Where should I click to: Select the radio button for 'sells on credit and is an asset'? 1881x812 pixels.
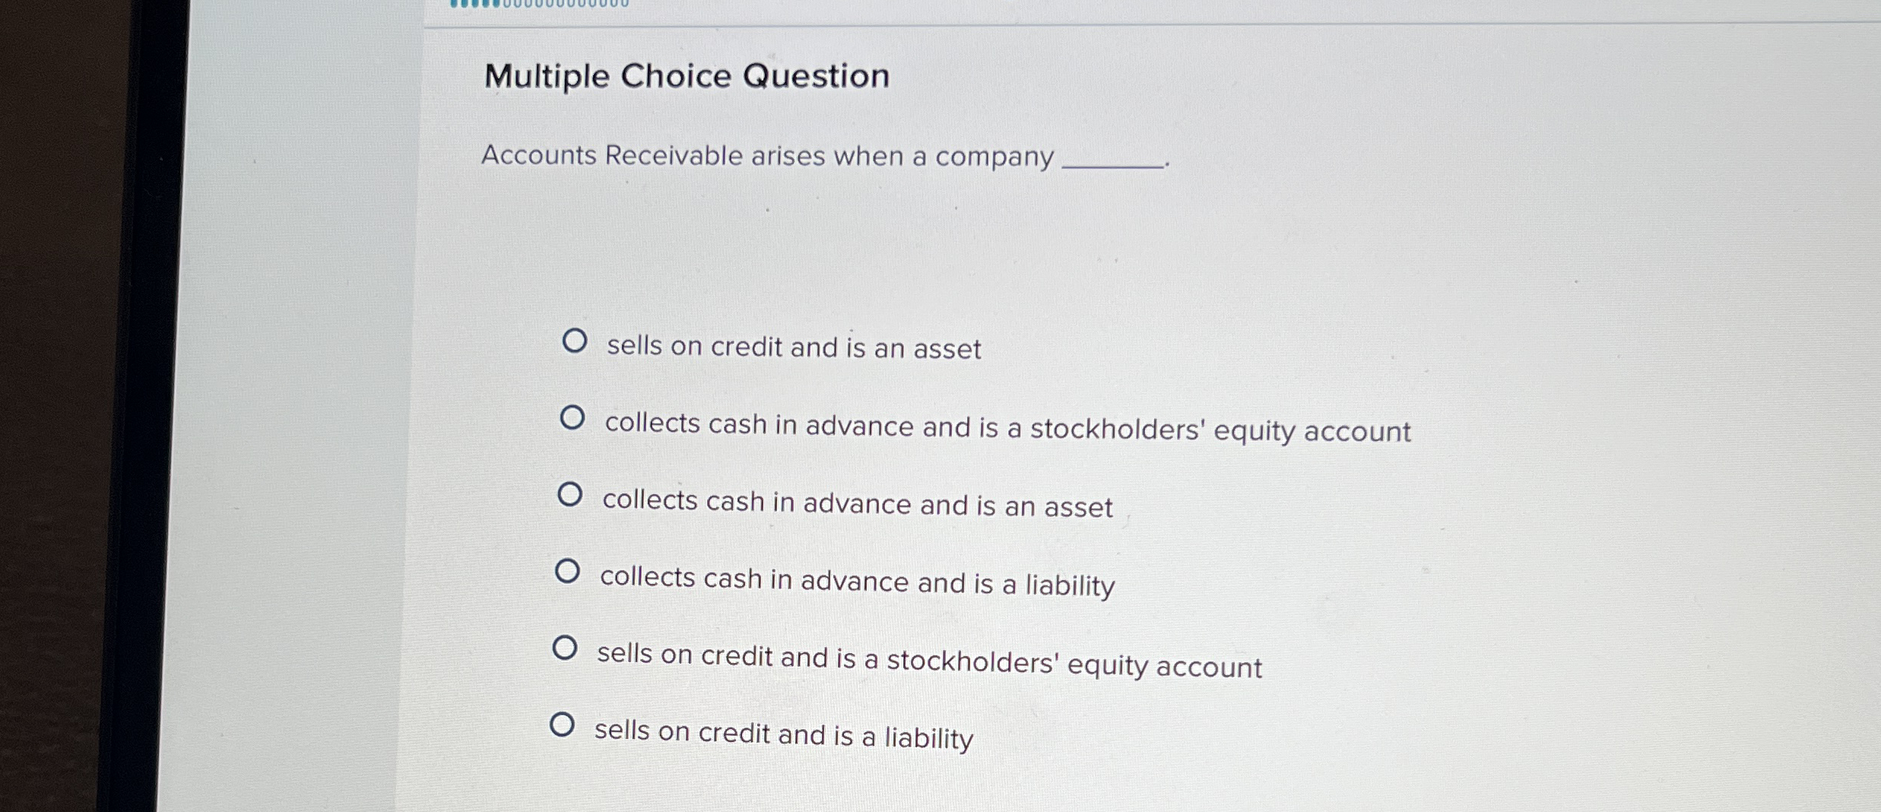pyautogui.click(x=574, y=341)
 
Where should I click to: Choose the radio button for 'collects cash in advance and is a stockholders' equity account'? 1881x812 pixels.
pyautogui.click(x=572, y=417)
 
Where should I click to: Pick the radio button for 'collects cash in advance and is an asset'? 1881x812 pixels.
pyautogui.click(x=569, y=495)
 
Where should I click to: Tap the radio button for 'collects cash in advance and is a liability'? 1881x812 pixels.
pyautogui.click(x=567, y=571)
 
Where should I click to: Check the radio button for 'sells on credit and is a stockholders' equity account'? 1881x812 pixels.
pyautogui.click(x=564, y=648)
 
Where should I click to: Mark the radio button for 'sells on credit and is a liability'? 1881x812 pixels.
pyautogui.click(x=562, y=725)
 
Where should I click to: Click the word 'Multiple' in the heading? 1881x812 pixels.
pyautogui.click(x=547, y=77)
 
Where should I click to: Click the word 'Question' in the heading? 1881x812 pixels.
pyautogui.click(x=816, y=76)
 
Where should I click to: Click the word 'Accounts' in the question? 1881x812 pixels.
pyautogui.click(x=539, y=155)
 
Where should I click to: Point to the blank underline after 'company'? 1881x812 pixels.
pyautogui.click(x=1112, y=164)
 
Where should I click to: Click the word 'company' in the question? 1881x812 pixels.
pyautogui.click(x=994, y=157)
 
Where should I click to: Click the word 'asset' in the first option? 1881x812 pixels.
pyautogui.click(x=947, y=350)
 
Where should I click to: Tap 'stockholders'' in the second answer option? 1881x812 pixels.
pyautogui.click(x=1117, y=430)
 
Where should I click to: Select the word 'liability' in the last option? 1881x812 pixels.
pyautogui.click(x=928, y=738)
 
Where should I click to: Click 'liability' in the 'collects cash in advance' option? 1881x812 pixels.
pyautogui.click(x=1070, y=585)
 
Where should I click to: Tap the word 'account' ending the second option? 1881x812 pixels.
pyautogui.click(x=1357, y=432)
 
